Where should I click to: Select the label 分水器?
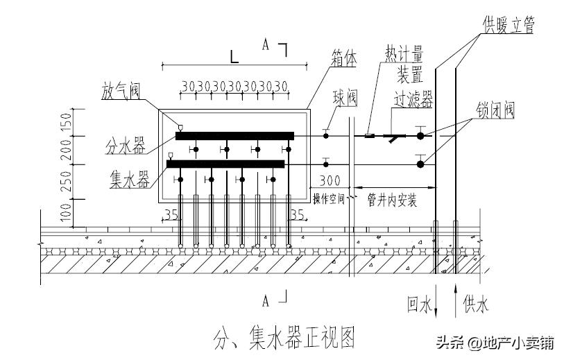tap(125, 146)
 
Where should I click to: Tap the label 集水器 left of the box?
tap(130, 181)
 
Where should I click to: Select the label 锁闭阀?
tap(495, 111)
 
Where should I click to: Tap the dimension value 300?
tap(330, 181)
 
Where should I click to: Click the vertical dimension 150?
tap(67, 121)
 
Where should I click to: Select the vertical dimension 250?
tap(67, 181)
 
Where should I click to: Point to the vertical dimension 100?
tap(67, 212)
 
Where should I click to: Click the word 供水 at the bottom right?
tap(475, 303)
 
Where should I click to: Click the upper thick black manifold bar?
tap(234, 136)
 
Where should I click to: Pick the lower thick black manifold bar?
tap(225, 164)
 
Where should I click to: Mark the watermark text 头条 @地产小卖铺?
tap(494, 342)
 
